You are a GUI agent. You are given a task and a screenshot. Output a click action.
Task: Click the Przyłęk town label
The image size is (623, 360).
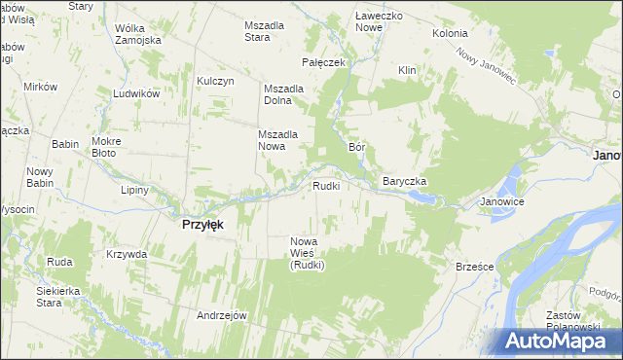click(x=203, y=224)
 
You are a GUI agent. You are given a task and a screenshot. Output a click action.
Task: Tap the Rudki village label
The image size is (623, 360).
click(x=325, y=186)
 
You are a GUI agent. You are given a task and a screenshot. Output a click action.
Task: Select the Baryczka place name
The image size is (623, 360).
click(x=405, y=182)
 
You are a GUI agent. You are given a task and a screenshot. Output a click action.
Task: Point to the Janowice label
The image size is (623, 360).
click(x=502, y=202)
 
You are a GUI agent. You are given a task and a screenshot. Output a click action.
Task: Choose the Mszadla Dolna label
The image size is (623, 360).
click(x=284, y=94)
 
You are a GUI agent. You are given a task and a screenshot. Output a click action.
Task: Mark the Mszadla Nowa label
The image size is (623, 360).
click(x=276, y=140)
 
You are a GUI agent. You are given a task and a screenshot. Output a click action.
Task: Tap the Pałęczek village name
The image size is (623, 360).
click(x=324, y=62)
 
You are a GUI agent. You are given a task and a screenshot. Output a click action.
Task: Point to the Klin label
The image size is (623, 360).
click(x=407, y=70)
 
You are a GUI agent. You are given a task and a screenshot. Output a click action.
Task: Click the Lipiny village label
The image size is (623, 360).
click(x=134, y=190)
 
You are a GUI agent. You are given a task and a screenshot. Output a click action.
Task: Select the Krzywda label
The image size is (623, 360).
click(x=128, y=254)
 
